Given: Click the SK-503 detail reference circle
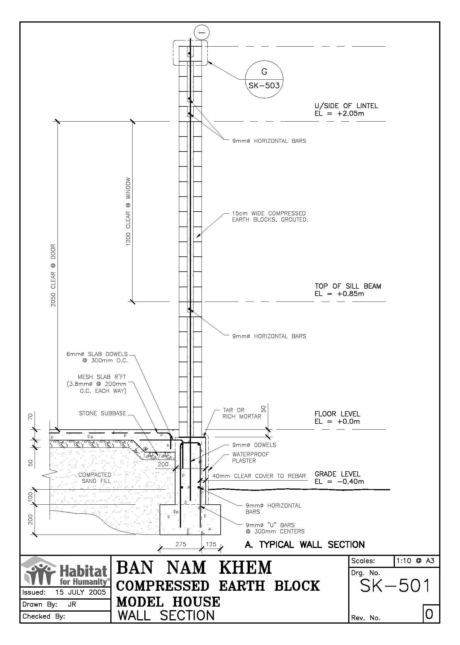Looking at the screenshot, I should (x=264, y=79).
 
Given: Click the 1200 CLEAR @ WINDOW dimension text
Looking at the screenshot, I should (x=128, y=212).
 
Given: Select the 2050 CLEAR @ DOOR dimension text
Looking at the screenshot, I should (x=53, y=275).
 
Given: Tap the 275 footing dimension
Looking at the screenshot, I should (x=181, y=544).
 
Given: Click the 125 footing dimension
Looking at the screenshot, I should (x=211, y=544).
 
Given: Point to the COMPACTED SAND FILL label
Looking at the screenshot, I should (x=95, y=478).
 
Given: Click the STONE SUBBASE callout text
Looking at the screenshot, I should (x=102, y=413).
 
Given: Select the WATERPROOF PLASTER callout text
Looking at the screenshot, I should (x=250, y=457).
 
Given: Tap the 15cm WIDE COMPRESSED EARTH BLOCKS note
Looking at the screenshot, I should (x=270, y=217).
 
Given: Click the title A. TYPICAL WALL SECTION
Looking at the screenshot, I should (x=305, y=545).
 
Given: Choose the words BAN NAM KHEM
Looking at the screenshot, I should (x=194, y=568).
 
